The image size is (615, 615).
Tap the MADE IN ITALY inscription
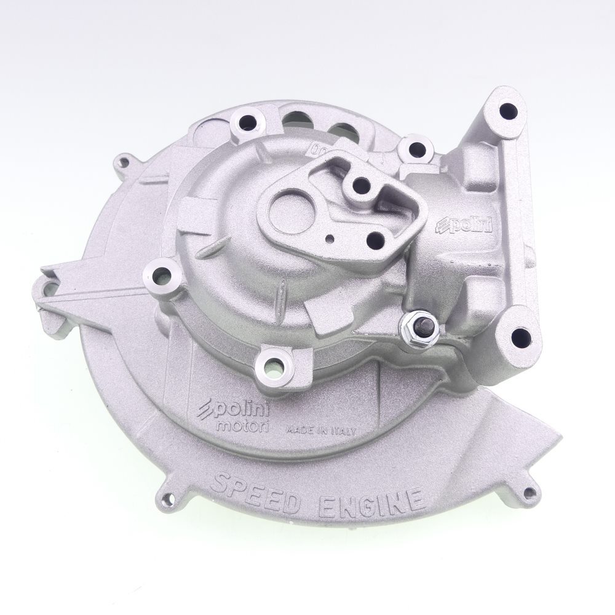point(320,430)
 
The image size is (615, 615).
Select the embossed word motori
point(242,426)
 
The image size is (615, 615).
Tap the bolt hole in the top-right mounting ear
point(509,111)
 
